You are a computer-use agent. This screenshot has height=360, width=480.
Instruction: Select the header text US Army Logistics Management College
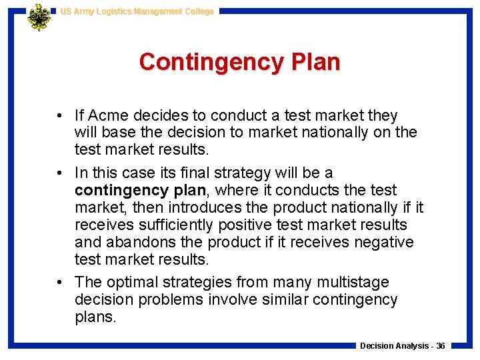click(137, 11)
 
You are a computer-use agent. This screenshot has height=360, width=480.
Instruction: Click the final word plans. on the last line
click(95, 317)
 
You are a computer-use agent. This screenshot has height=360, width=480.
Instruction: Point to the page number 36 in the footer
click(441, 346)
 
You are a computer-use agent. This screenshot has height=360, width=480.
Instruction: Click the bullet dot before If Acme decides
click(61, 116)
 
